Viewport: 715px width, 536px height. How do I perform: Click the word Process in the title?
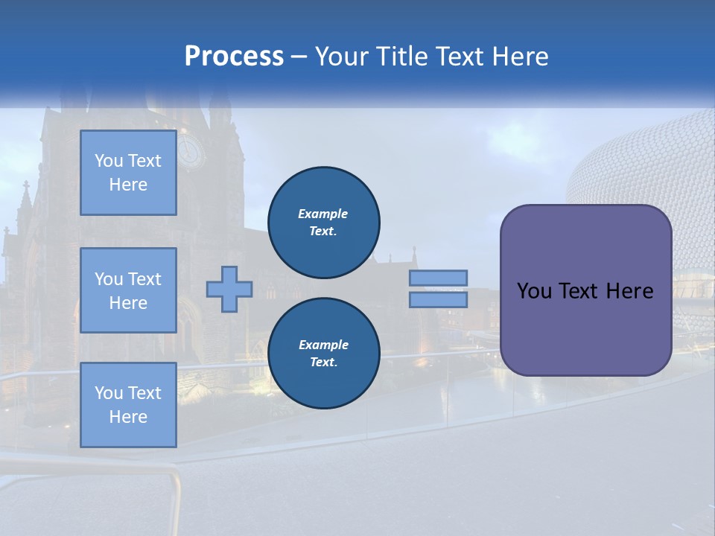pos(234,57)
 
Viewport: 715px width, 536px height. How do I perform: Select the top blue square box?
pos(128,173)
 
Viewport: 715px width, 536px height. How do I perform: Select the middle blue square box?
pos(128,290)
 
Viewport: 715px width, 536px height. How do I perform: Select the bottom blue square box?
pos(128,405)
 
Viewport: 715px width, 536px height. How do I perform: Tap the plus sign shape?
pos(229,289)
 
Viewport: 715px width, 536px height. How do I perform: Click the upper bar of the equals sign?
pos(438,278)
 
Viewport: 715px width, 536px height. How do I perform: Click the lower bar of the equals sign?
pos(438,300)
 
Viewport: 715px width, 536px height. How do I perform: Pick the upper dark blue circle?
pos(323,222)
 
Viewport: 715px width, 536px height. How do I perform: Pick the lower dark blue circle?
pos(323,353)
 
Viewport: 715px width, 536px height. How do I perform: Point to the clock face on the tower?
pos(191,151)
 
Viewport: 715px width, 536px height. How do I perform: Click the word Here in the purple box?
pos(629,291)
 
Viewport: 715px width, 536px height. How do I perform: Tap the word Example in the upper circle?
pos(322,214)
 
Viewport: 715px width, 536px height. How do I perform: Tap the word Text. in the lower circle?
pos(323,363)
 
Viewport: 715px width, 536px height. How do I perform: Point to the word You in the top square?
pos(108,161)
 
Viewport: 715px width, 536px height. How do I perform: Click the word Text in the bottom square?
pos(144,393)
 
